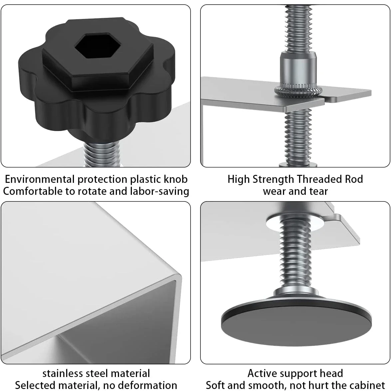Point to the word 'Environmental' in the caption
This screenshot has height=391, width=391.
pyautogui.click(x=40, y=180)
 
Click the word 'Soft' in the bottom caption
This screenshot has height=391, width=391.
pyautogui.click(x=217, y=385)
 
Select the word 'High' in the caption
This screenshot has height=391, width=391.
pyautogui.click(x=238, y=179)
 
